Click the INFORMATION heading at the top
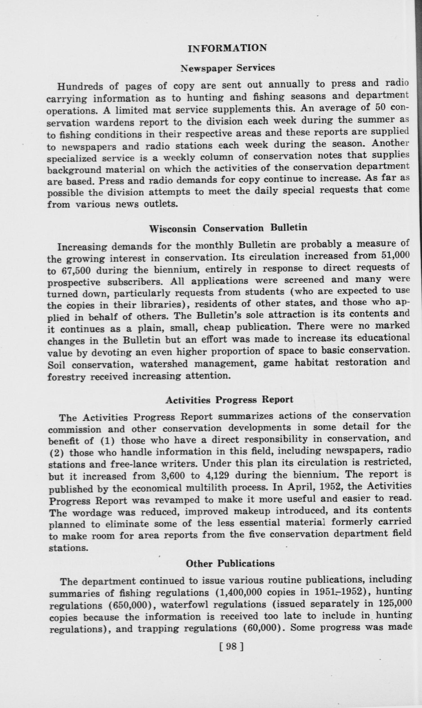227,48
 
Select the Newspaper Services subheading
228,68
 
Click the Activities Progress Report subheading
229,400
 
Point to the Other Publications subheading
230,564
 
